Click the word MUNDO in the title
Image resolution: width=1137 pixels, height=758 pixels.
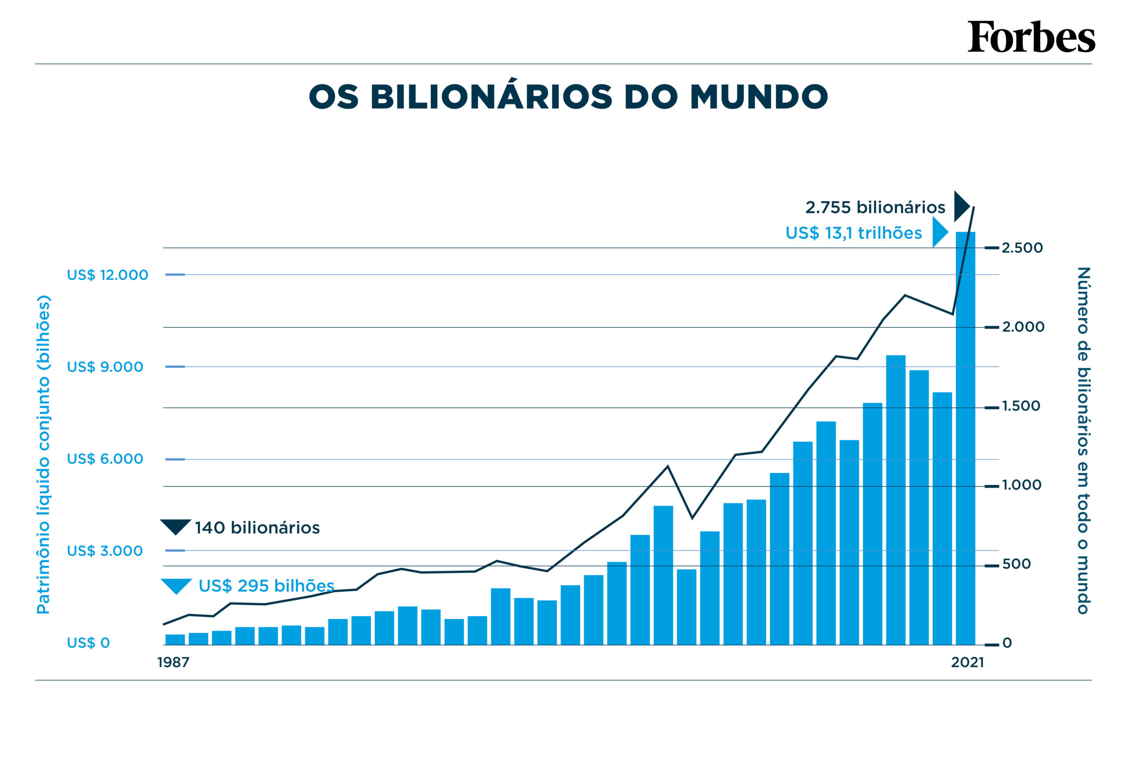click(759, 97)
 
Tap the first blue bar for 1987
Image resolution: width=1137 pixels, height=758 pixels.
click(175, 639)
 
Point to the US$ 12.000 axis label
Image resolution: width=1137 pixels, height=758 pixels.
click(107, 275)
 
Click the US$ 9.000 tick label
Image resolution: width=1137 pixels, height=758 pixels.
click(105, 367)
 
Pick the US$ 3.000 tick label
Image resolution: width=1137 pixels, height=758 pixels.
click(105, 551)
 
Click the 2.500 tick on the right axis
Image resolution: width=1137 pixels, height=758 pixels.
click(1022, 248)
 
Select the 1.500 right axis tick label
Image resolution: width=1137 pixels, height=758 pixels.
click(1021, 406)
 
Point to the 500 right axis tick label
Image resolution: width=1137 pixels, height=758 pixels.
click(1016, 564)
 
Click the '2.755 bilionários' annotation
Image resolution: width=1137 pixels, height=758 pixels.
click(875, 207)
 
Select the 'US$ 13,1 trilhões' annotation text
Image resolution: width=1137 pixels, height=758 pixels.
click(853, 233)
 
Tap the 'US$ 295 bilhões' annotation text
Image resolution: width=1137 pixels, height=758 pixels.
click(266, 586)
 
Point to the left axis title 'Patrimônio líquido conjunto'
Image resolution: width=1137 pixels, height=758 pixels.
click(44, 455)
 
